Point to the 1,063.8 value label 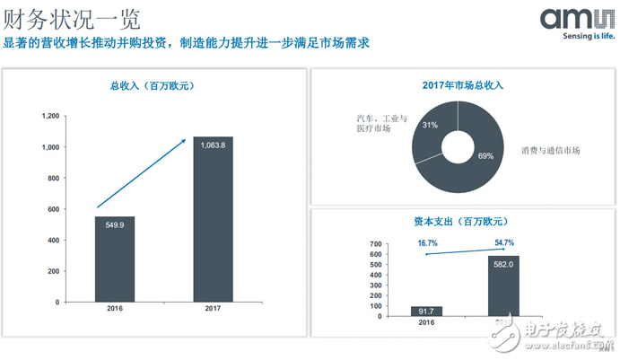click(x=213, y=145)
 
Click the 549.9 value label click(x=115, y=224)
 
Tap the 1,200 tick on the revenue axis click(x=51, y=116)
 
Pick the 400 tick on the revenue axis click(x=55, y=240)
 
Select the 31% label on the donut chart click(x=430, y=125)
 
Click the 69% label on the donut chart click(x=485, y=155)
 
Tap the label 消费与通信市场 click(x=551, y=150)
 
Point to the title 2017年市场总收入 click(x=462, y=86)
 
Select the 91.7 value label click(x=427, y=311)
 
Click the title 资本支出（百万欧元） click(x=462, y=220)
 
